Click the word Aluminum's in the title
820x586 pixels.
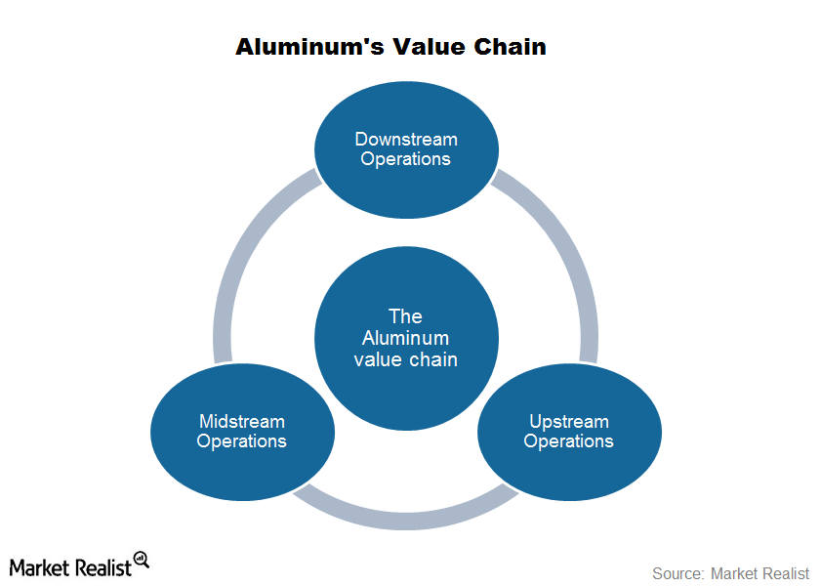point(309,47)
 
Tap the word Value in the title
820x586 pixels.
point(429,47)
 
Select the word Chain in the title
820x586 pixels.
point(510,47)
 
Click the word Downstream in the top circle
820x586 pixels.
point(406,139)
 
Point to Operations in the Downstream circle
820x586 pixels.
point(405,159)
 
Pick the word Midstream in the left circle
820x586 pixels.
point(242,421)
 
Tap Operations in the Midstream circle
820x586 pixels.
point(242,441)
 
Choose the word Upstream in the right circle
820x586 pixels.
point(569,422)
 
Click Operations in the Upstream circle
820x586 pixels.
point(568,441)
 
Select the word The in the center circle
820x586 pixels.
point(405,316)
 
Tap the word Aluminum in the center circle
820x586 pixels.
point(405,338)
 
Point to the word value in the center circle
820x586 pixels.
point(377,360)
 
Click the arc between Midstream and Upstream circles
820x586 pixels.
point(406,521)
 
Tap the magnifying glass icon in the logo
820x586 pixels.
point(142,560)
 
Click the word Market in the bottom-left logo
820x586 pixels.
point(39,567)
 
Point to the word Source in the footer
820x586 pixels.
point(676,573)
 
